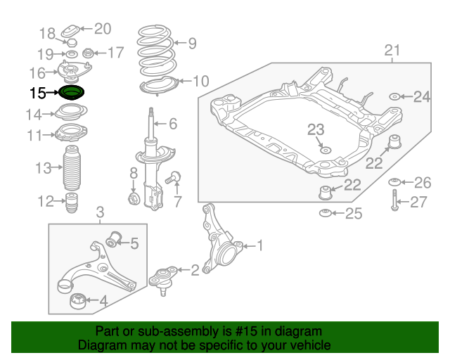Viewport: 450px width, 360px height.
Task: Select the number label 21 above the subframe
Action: click(x=392, y=51)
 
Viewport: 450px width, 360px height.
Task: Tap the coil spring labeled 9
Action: click(x=155, y=51)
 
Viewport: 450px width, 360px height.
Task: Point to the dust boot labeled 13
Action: click(x=72, y=167)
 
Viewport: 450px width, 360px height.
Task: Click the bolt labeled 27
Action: click(x=394, y=200)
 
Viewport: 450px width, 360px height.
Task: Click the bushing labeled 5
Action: click(x=114, y=238)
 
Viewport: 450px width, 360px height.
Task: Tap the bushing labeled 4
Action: click(x=78, y=301)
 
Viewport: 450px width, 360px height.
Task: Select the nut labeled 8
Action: click(x=134, y=198)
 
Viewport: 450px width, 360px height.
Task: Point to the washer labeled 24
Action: click(x=395, y=97)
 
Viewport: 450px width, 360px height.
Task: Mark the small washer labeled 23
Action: click(x=326, y=150)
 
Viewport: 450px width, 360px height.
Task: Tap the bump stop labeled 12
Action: click(x=72, y=202)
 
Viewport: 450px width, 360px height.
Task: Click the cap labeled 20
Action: click(x=70, y=31)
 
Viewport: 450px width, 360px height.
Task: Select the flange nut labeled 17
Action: click(x=87, y=53)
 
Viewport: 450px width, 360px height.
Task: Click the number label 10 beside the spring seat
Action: click(x=201, y=81)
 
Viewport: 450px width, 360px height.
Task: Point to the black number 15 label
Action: click(x=37, y=93)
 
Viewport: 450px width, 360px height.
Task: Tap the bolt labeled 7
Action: click(x=173, y=177)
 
